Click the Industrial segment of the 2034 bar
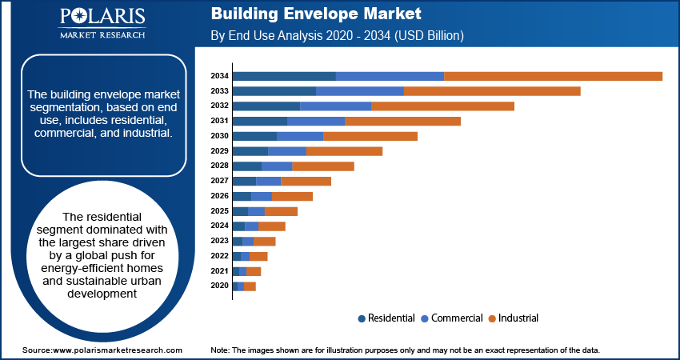553,76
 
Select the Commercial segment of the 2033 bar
360,91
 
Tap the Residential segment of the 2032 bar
266,106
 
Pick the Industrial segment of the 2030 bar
370,136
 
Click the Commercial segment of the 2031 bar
316,121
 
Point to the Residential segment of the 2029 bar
250,151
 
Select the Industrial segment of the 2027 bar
306,181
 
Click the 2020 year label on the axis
219,286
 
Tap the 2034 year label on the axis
219,76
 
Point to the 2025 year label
219,211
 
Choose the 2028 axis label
219,166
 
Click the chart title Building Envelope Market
315,15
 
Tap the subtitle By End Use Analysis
337,36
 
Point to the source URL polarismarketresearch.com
102,350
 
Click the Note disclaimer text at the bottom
405,350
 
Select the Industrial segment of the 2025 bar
281,211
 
